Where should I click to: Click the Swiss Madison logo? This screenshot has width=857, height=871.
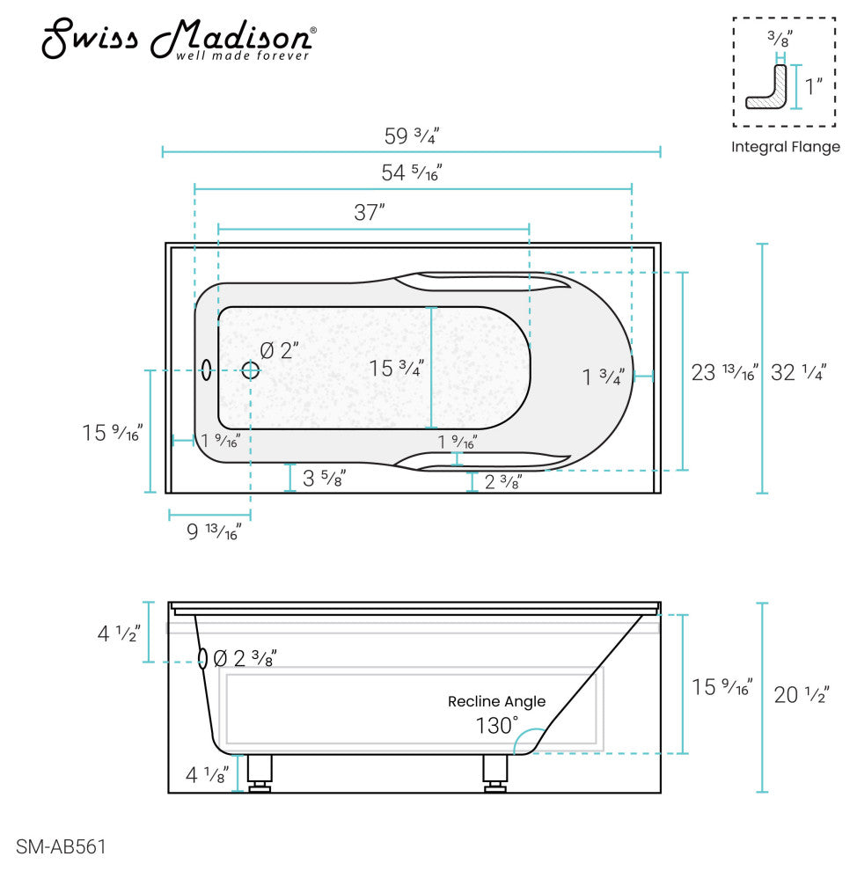(x=179, y=39)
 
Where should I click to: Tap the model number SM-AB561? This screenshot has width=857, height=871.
(x=61, y=846)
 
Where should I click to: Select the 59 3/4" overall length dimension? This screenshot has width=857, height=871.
(x=412, y=136)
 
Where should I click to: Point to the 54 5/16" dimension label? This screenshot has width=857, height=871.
(x=412, y=172)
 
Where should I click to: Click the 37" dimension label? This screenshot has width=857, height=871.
(x=370, y=212)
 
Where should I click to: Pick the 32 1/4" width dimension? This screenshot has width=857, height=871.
(x=798, y=372)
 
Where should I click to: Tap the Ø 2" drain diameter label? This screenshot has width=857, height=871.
(x=280, y=350)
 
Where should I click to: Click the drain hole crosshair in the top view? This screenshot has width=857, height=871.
(x=251, y=370)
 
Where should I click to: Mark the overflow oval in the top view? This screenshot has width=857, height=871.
(x=206, y=370)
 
